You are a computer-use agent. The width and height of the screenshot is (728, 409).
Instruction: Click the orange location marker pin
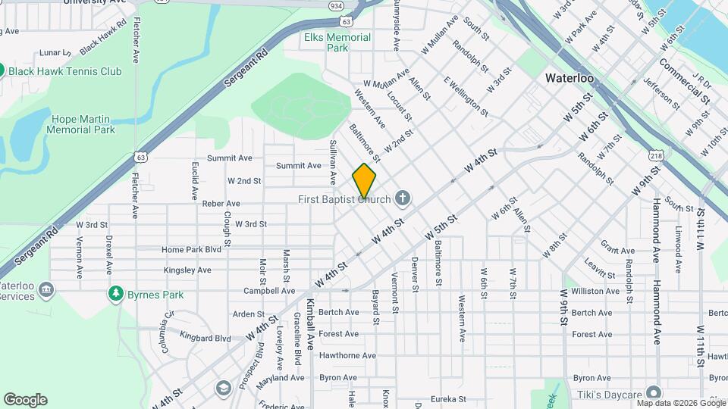(365, 182)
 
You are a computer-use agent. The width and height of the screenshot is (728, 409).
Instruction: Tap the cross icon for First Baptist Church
(403, 199)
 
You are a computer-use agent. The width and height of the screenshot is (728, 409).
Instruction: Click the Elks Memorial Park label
(337, 42)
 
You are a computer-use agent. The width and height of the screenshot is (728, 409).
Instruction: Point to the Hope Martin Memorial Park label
(80, 124)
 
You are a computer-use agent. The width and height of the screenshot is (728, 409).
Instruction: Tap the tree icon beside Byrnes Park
(116, 293)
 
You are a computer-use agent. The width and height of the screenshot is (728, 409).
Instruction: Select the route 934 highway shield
(335, 5)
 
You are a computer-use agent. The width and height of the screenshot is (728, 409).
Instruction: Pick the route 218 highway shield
(656, 155)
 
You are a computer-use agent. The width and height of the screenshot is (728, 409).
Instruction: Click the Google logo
(25, 400)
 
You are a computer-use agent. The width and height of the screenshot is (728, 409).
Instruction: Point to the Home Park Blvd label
(190, 249)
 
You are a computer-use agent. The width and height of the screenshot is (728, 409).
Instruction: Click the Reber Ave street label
(221, 204)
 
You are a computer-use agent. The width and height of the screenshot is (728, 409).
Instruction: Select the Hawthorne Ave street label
(347, 355)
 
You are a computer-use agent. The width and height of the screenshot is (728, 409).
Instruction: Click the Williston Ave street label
(595, 291)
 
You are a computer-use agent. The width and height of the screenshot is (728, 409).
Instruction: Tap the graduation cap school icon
(223, 388)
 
